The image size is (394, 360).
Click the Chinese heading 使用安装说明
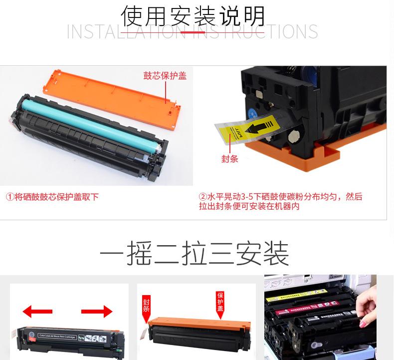point(194,16)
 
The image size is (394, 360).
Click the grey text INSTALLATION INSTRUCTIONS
point(193,31)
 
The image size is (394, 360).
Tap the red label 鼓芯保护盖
point(165,76)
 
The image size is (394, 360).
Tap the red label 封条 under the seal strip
point(229,159)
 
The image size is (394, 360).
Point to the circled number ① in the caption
point(10,197)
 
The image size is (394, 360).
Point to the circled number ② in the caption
point(203,197)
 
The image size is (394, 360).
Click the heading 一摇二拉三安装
point(194,254)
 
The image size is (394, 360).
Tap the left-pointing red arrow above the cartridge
point(37,312)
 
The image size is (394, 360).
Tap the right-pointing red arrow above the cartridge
point(97,312)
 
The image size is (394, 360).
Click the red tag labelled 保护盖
point(220,303)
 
